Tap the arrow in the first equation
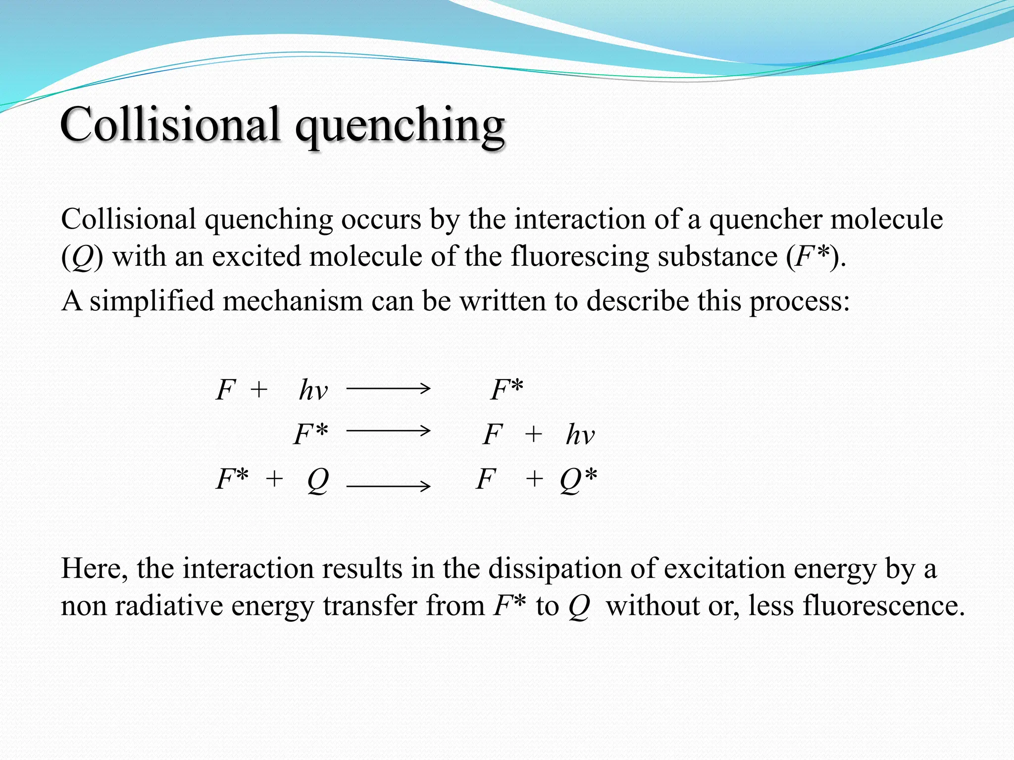[x=388, y=389]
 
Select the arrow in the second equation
[x=388, y=431]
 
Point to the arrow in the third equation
[x=388, y=486]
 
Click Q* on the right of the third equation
[x=578, y=479]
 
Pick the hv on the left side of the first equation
[x=313, y=390]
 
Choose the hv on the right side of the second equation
[x=580, y=434]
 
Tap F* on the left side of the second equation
[x=310, y=434]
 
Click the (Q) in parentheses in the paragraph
[x=82, y=257]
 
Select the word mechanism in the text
[x=293, y=300]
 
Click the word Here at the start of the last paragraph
[x=94, y=568]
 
